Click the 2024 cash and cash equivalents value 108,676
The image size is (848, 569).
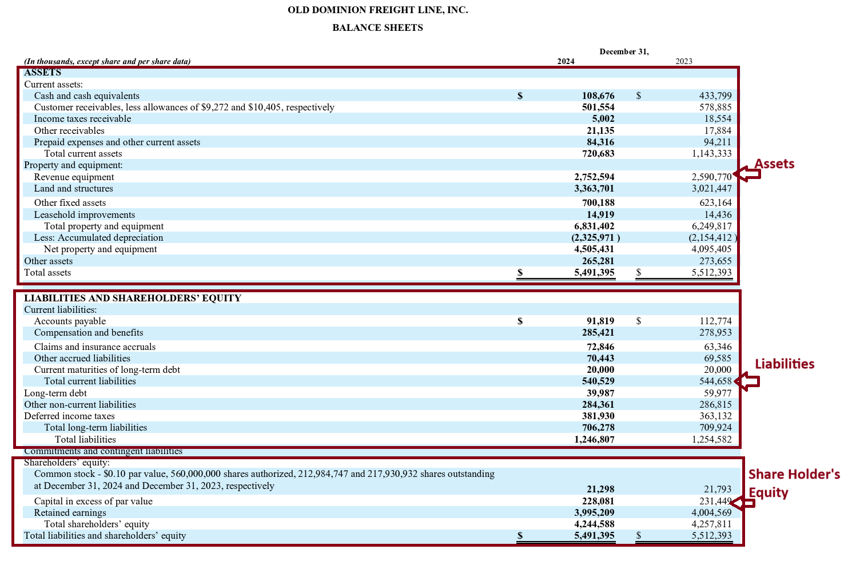[x=598, y=96]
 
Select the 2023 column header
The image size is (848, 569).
[x=683, y=61]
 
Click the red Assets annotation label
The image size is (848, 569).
[x=774, y=164]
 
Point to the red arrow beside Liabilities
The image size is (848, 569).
[x=747, y=381]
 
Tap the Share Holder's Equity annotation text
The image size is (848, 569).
[x=794, y=483]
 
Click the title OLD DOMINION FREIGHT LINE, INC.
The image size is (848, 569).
[x=377, y=10]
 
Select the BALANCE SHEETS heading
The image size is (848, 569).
[x=377, y=27]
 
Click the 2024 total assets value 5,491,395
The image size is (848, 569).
[x=594, y=273]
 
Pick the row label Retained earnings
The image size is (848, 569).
[x=70, y=513]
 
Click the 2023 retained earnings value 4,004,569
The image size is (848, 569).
[x=711, y=513]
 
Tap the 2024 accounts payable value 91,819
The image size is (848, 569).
[x=600, y=321]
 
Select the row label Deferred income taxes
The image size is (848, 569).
[x=69, y=416]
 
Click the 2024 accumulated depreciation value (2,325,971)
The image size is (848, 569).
[x=595, y=238]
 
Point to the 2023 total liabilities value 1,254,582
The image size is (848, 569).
[x=711, y=440]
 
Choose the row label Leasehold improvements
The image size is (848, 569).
[x=85, y=215]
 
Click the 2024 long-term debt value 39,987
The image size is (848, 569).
[x=600, y=393]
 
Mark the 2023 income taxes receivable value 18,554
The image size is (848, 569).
[x=717, y=119]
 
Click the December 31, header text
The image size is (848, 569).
[x=624, y=51]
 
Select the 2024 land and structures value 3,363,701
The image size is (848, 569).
[x=594, y=189]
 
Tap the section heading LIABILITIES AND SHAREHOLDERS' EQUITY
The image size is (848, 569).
[x=133, y=298]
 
